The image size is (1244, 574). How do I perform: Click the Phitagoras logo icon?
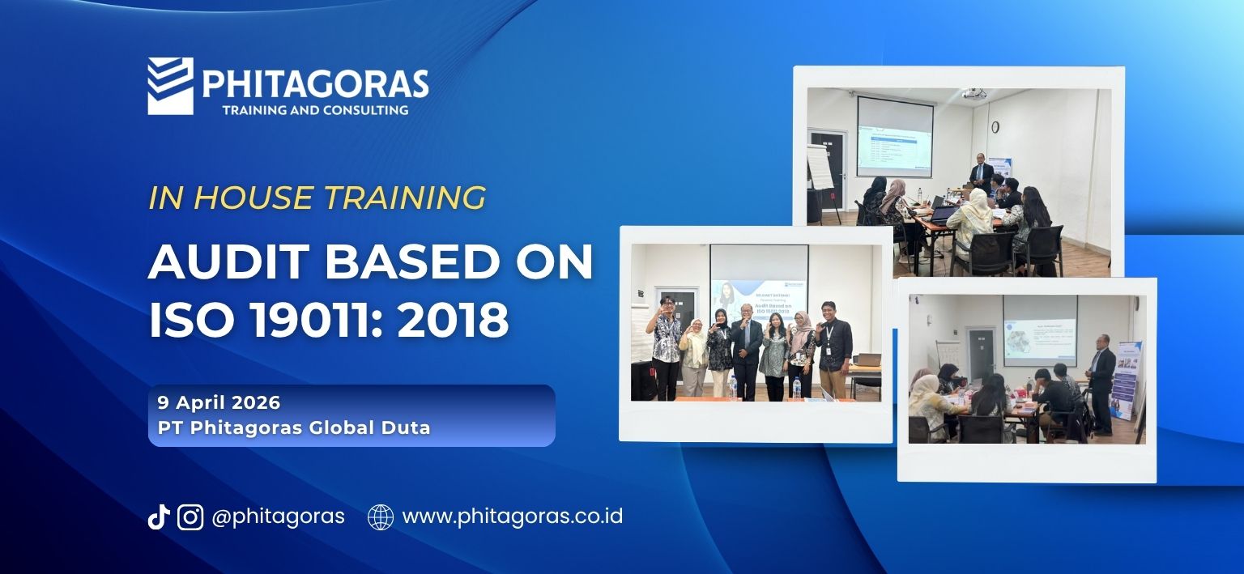[170, 85]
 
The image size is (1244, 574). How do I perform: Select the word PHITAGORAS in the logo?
[315, 84]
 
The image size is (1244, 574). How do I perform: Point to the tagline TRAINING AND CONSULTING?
[315, 109]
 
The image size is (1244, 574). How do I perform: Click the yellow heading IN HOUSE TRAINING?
[317, 198]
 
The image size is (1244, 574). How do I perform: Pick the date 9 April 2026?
[219, 402]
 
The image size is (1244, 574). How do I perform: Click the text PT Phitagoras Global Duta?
[294, 427]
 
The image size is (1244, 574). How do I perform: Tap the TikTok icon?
[158, 517]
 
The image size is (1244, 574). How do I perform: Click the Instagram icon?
[190, 517]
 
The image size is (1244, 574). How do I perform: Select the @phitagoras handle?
[278, 517]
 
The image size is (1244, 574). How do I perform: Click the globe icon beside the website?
[381, 517]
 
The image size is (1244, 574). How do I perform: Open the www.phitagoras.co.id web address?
[512, 517]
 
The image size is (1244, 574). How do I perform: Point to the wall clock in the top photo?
[995, 127]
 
